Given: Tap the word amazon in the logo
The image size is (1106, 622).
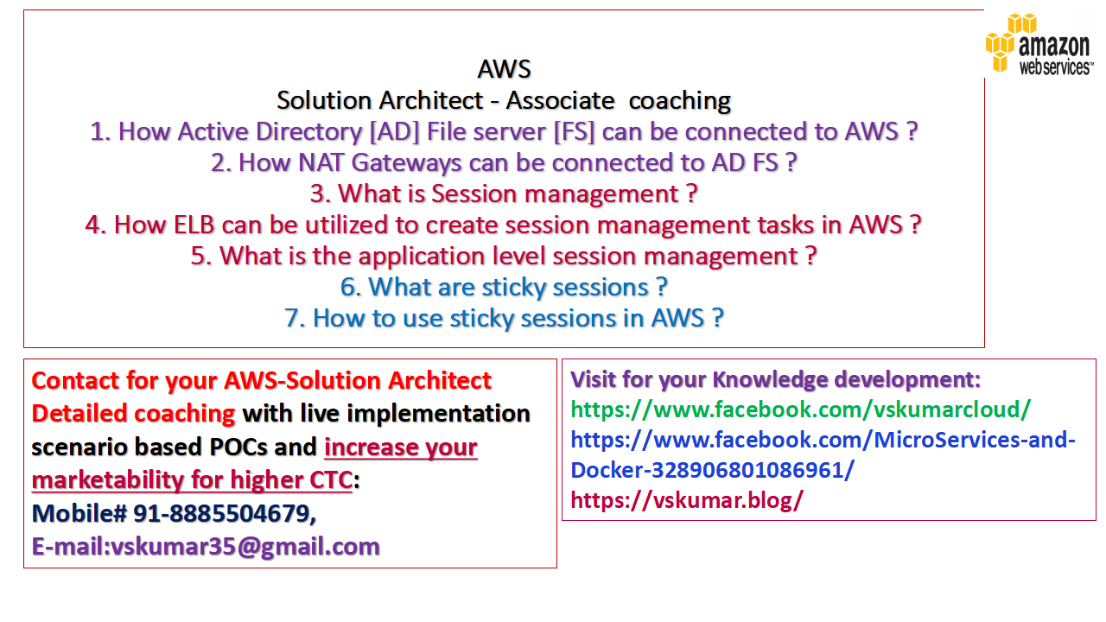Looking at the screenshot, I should pos(1053,46).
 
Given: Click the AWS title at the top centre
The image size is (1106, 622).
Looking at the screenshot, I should pos(504,69).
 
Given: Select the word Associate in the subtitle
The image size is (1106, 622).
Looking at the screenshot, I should pos(563,101).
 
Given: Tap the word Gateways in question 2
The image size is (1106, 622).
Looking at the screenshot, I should pos(423,163).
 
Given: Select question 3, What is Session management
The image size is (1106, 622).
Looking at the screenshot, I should pos(504,194).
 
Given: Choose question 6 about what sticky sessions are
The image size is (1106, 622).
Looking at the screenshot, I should pos(504,288).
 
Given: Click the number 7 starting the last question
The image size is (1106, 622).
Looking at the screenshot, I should pos(295,319).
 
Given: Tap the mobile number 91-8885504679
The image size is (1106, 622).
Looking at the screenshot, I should pos(223,514).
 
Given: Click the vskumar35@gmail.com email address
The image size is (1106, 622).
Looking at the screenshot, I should pos(245,547).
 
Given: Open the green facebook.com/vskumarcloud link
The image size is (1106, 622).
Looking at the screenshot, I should pos(800,409).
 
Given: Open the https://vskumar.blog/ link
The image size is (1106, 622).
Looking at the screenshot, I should pos(687,500).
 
